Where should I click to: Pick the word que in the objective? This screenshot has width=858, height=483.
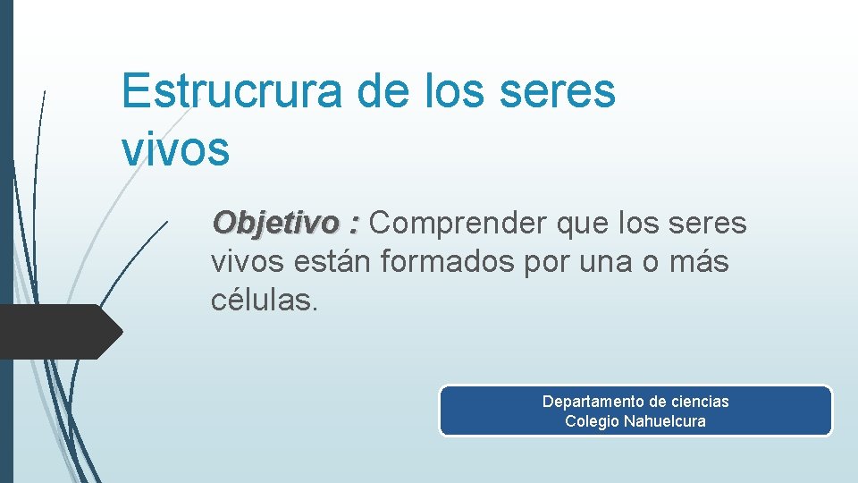583,223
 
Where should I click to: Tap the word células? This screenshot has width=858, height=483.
264,301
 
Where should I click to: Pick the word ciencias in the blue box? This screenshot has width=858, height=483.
699,402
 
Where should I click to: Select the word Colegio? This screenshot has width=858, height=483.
592,421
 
